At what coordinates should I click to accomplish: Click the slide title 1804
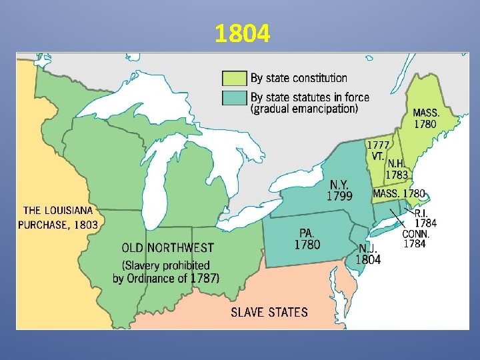pyautogui.click(x=243, y=33)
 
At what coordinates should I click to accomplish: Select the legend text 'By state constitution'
pyautogui.click(x=299, y=79)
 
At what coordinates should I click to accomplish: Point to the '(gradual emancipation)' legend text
pyautogui.click(x=304, y=109)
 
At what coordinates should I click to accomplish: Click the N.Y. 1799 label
pyautogui.click(x=339, y=189)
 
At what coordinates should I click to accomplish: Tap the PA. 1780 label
pyautogui.click(x=307, y=239)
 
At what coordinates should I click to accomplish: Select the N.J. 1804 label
pyautogui.click(x=368, y=254)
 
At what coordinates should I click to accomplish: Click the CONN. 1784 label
pyautogui.click(x=416, y=239)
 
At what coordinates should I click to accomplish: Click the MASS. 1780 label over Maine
pyautogui.click(x=426, y=118)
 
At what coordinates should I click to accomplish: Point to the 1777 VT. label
pyautogui.click(x=377, y=150)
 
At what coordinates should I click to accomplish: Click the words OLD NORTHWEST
pyautogui.click(x=167, y=248)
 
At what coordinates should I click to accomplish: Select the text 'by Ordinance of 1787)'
pyautogui.click(x=166, y=278)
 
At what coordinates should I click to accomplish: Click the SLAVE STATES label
pyautogui.click(x=269, y=312)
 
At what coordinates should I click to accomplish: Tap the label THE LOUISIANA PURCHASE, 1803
pyautogui.click(x=58, y=217)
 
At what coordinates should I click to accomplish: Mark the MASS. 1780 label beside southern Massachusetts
pyautogui.click(x=399, y=193)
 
